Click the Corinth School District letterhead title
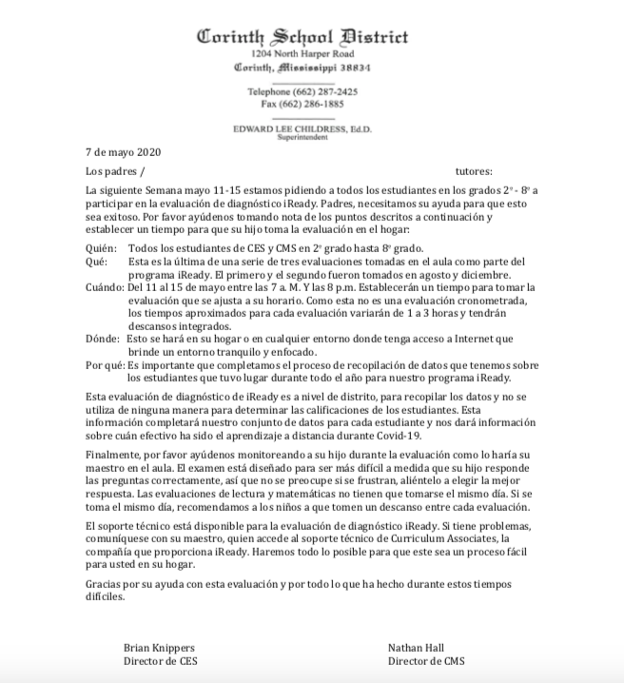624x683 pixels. click(x=302, y=38)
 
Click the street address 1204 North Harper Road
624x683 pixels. click(x=302, y=56)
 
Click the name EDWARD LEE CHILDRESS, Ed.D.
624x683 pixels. click(x=302, y=128)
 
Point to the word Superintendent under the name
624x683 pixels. click(x=302, y=138)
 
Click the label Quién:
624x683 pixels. click(x=99, y=247)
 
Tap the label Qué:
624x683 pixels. click(x=95, y=261)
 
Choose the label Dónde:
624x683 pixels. click(x=103, y=338)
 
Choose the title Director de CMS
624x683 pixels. click(x=420, y=660)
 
